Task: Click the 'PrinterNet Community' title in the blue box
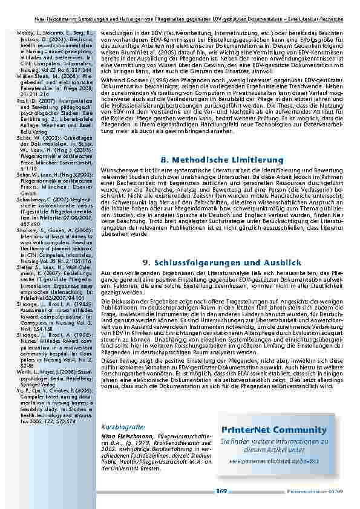pos(273,429)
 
